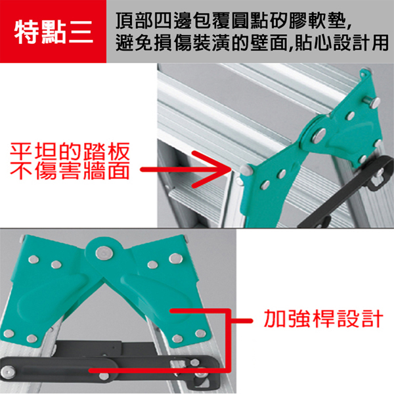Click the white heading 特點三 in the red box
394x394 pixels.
point(54,32)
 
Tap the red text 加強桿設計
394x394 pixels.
point(323,318)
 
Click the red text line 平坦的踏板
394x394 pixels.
point(70,152)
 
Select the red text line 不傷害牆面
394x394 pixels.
point(70,170)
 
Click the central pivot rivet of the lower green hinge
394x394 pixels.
point(104,252)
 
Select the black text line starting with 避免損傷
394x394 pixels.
point(252,43)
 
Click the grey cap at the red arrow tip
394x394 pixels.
point(246,169)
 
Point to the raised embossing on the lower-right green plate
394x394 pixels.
point(153,294)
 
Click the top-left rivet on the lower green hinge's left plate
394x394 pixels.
point(33,259)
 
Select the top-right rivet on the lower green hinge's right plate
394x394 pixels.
point(175,258)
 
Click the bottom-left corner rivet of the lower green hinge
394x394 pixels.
point(9,334)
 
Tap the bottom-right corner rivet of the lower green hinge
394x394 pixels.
point(200,334)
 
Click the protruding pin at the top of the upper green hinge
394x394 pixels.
point(373,102)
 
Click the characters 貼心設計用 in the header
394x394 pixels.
point(342,43)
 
